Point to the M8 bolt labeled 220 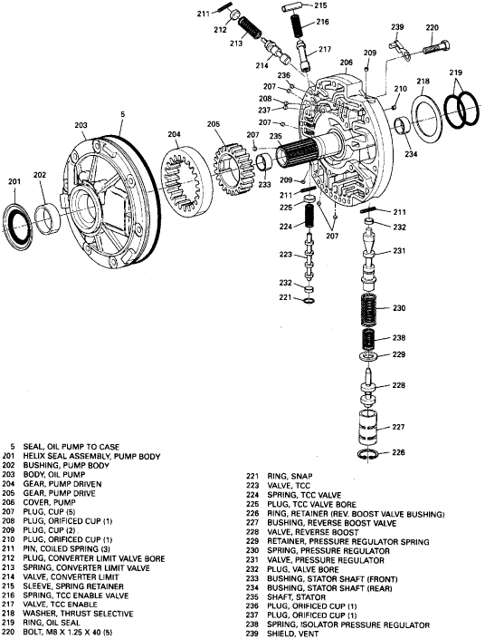[436, 47]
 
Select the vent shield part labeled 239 [399, 47]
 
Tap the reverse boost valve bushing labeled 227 [367, 428]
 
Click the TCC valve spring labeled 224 [309, 216]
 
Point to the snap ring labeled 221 [309, 301]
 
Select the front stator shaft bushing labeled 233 [264, 163]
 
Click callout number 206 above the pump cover [347, 63]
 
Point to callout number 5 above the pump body [123, 114]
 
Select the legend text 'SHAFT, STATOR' [290, 597]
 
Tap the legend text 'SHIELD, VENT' [292, 634]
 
